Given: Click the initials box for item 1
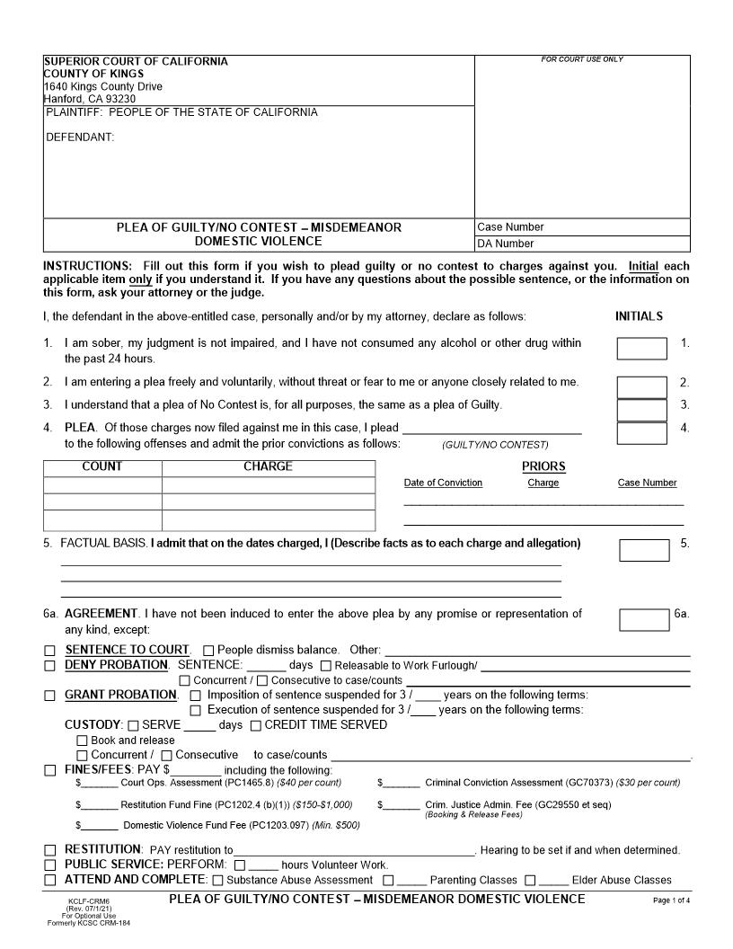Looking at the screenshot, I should point(641,349).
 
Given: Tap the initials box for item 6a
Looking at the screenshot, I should point(644,620).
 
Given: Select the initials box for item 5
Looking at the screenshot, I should point(644,550).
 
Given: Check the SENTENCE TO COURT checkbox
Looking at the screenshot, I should point(50,651).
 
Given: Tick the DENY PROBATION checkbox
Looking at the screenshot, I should point(50,666).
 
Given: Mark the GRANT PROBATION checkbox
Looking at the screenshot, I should point(50,696).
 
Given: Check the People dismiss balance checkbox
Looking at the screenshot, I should point(208,651).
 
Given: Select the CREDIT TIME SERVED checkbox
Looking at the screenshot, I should point(256,725).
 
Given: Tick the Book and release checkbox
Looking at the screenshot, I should point(83,741).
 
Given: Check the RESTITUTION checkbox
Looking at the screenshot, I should point(50,850).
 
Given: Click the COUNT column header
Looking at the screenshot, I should point(102,467).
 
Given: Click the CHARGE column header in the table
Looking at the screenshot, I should point(268,467).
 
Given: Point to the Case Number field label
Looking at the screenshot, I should point(510,227).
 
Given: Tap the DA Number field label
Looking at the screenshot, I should point(505,244).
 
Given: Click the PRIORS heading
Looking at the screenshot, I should point(543,466).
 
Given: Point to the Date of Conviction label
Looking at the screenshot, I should point(443,483).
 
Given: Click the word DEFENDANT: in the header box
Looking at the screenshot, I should point(80,137).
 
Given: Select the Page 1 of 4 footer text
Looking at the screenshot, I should point(672,900).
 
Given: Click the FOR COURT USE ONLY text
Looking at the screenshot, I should point(582,60).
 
